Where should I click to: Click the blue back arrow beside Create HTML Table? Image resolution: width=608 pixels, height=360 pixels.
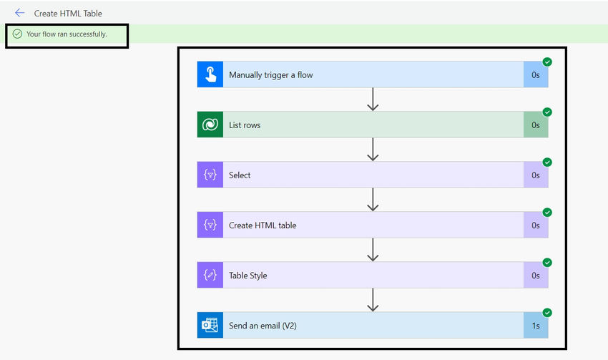point(19,13)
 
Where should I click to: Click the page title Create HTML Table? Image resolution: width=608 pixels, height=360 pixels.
point(68,14)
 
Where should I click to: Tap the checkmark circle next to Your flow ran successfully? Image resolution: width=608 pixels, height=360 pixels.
point(17,34)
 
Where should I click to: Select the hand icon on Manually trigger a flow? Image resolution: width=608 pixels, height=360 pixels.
point(210,74)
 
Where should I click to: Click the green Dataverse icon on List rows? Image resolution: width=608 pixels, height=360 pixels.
point(210,125)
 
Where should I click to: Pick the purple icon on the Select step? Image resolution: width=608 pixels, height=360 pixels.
point(210,175)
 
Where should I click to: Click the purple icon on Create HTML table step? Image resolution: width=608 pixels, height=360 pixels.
point(210,225)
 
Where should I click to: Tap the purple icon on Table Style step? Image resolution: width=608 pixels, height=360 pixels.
point(210,275)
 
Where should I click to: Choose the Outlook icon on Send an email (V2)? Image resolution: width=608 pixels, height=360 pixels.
point(210,325)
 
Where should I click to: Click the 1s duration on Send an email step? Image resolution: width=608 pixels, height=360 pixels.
point(536,326)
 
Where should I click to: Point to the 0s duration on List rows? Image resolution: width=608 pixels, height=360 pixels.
point(536,125)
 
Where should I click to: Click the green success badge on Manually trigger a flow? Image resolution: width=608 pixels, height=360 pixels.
point(547,62)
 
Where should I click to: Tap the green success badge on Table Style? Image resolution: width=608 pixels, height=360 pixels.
point(547,263)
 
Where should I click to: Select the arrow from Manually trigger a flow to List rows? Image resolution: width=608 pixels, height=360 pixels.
point(373,99)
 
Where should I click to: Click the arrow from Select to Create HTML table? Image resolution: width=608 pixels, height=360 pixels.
point(373,200)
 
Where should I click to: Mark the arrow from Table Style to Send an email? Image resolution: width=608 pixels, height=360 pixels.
point(373,300)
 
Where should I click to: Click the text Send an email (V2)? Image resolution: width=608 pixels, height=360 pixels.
point(263,326)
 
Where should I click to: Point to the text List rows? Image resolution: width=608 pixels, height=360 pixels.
point(245,125)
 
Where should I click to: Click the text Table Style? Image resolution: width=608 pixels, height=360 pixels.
point(247,276)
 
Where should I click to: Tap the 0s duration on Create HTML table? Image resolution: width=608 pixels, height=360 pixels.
point(536,225)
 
